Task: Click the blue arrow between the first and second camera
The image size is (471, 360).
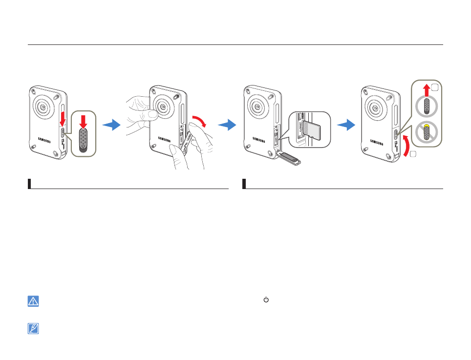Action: coord(112,126)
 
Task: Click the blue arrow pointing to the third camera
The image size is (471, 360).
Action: coord(227,126)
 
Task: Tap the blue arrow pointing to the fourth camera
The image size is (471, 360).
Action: coord(346,126)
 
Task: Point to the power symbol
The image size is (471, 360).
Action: coord(266,299)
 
